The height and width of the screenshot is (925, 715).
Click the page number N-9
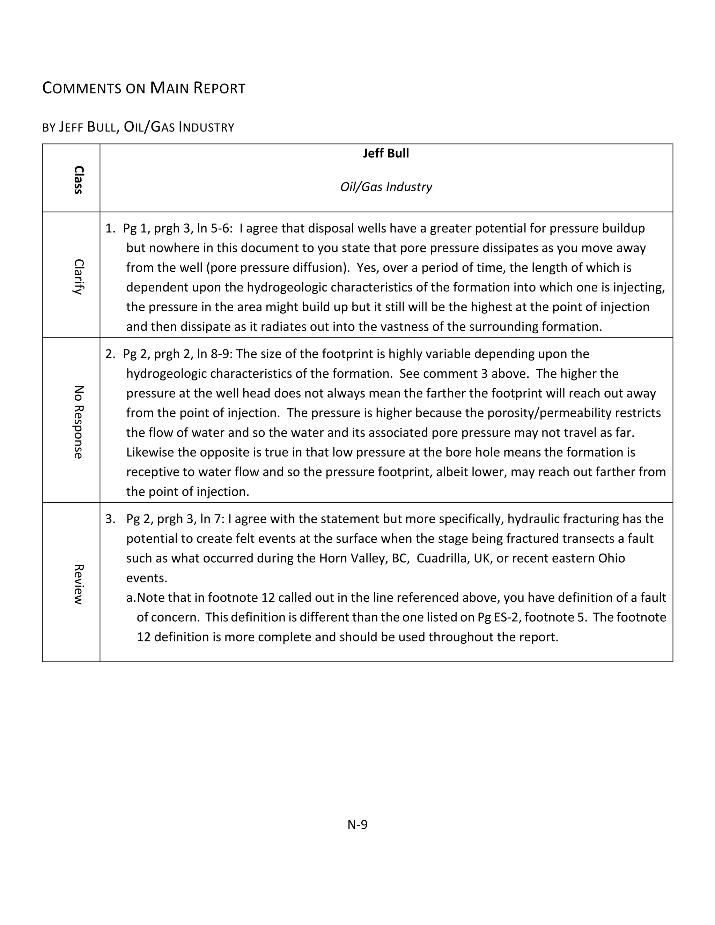(x=357, y=824)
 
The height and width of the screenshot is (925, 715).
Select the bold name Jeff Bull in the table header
(x=386, y=153)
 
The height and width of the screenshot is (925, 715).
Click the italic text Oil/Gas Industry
(x=386, y=187)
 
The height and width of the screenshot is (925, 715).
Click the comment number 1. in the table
(x=110, y=228)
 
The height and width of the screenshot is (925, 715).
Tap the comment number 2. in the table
(x=110, y=354)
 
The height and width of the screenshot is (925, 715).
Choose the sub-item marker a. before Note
(x=131, y=598)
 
